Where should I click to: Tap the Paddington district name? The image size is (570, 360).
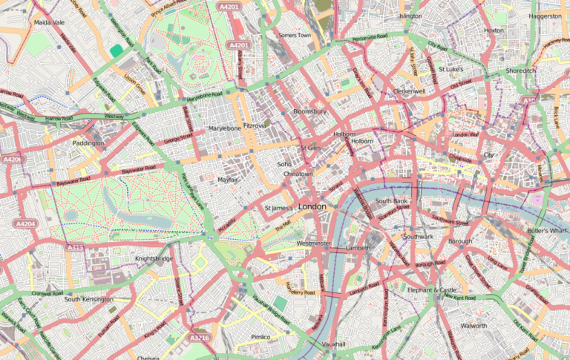click(88, 143)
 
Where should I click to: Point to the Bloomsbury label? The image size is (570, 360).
click(309, 111)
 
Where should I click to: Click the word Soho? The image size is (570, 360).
click(284, 164)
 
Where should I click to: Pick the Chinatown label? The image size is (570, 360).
click(297, 174)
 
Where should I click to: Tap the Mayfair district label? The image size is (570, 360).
click(232, 180)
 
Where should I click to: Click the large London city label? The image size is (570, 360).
click(311, 206)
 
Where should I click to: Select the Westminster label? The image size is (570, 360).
click(313, 243)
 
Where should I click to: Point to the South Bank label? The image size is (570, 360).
click(392, 201)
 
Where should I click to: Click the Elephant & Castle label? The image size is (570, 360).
click(432, 289)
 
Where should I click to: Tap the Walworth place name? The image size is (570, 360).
click(474, 326)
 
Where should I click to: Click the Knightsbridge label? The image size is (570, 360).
click(154, 258)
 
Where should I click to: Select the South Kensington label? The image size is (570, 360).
click(88, 299)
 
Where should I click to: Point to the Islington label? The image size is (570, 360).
click(410, 16)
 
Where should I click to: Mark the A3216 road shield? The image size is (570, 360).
click(200, 338)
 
